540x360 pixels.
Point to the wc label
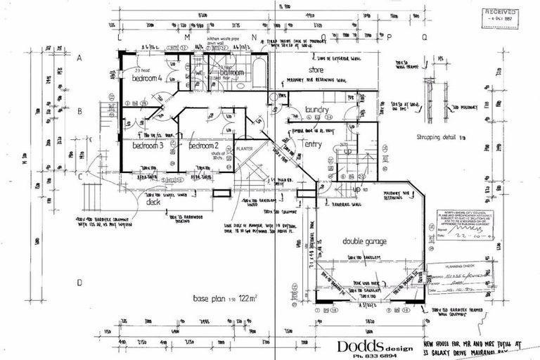(x=199, y=72)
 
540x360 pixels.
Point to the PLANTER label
(x=244, y=149)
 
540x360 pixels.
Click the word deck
(x=153, y=200)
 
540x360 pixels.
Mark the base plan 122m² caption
(x=225, y=300)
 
